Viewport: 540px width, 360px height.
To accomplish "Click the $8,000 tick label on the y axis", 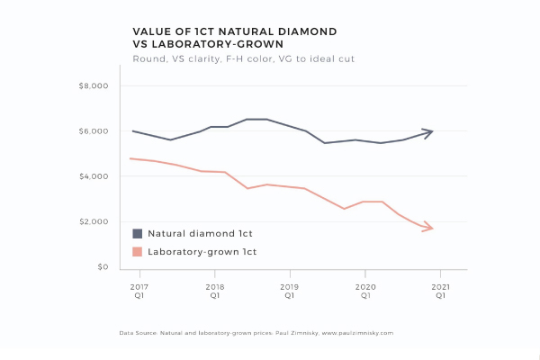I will pos(93,86).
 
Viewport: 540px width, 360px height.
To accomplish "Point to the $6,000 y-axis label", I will pos(93,131).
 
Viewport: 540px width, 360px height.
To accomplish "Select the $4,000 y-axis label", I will pos(93,176).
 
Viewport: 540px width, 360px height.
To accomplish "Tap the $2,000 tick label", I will pos(93,222).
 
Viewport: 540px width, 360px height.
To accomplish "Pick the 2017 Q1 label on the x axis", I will pos(139,290).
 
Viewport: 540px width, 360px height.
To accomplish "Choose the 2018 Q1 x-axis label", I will pos(214,290).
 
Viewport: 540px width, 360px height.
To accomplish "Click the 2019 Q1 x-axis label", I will pos(290,290).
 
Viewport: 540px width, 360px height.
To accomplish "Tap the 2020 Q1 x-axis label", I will pos(364,290).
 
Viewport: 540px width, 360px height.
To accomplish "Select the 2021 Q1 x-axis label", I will pos(440,290).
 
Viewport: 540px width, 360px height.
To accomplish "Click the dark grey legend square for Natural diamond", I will pos(138,233).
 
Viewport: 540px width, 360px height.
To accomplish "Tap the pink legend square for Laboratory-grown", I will pos(138,252).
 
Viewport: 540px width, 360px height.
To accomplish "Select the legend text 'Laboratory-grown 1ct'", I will pos(202,252).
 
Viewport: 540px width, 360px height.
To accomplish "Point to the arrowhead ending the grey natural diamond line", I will pos(429,131).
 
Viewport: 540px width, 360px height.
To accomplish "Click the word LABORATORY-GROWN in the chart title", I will pos(208,44).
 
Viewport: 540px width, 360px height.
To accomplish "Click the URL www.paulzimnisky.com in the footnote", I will pos(355,333).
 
